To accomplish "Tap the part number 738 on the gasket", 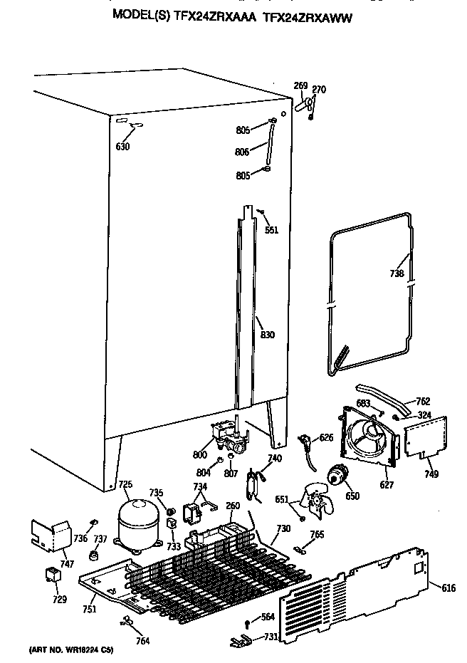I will click(x=397, y=273).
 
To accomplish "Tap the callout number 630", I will click(x=122, y=147).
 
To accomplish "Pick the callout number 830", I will click(x=267, y=335).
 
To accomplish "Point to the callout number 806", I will click(x=243, y=151).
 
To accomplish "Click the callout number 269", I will click(x=300, y=86).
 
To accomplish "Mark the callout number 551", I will click(x=271, y=229).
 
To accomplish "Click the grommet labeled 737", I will click(x=93, y=555).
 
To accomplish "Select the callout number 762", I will click(x=422, y=400).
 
